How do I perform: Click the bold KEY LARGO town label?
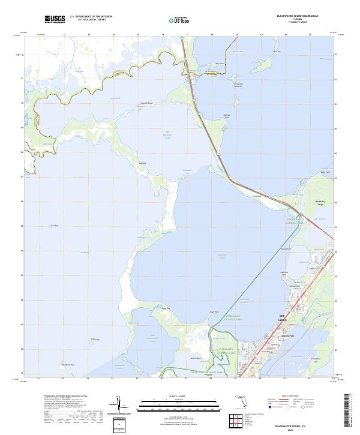(x=284, y=316)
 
